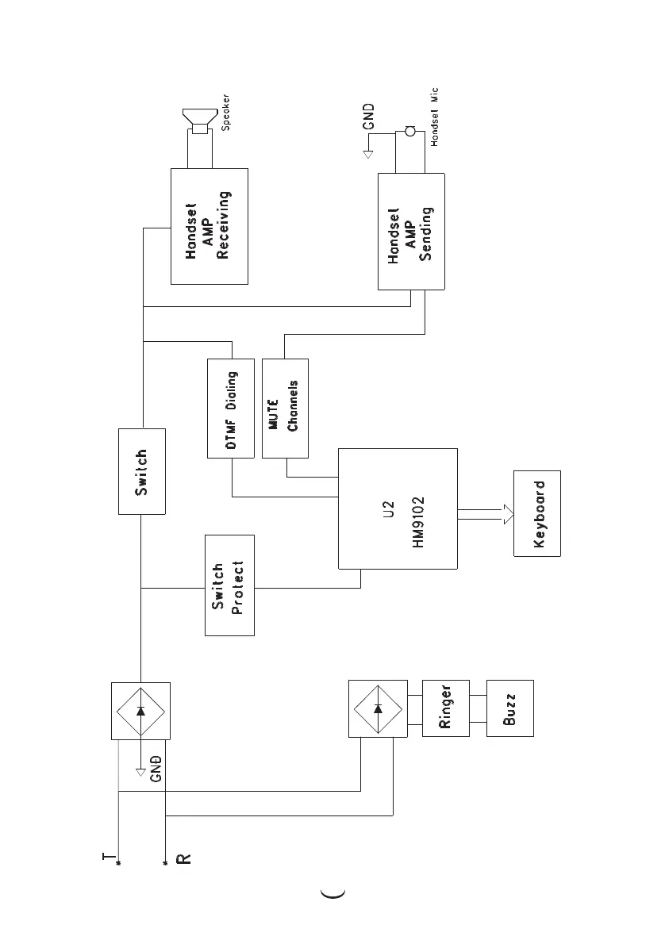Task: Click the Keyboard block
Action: point(536,513)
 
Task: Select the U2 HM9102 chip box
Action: point(398,508)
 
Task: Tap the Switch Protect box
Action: point(229,585)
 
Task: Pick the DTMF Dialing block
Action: point(230,409)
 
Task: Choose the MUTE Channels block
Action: point(284,409)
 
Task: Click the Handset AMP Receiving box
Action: point(209,226)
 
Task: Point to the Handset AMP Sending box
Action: point(410,231)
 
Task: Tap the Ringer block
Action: point(445,708)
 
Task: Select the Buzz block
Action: point(509,708)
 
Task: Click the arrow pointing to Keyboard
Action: point(484,514)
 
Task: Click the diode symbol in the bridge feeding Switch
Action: point(141,710)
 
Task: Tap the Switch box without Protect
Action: point(141,472)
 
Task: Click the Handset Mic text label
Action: point(434,117)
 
